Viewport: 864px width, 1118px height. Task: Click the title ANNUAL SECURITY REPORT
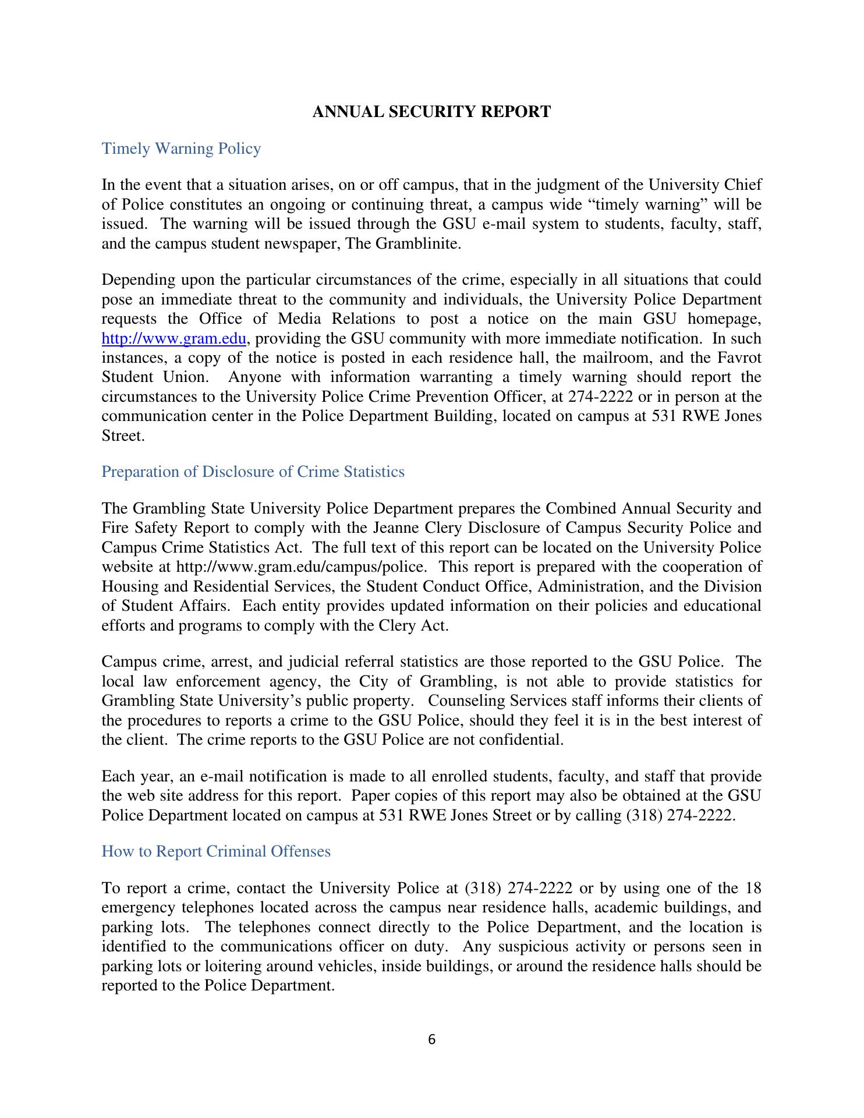click(431, 112)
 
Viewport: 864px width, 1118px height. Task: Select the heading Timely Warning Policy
click(181, 149)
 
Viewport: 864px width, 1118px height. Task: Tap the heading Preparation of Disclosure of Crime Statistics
click(253, 472)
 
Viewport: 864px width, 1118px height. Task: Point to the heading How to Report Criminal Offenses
click(216, 852)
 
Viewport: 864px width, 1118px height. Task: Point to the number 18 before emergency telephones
click(753, 889)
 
